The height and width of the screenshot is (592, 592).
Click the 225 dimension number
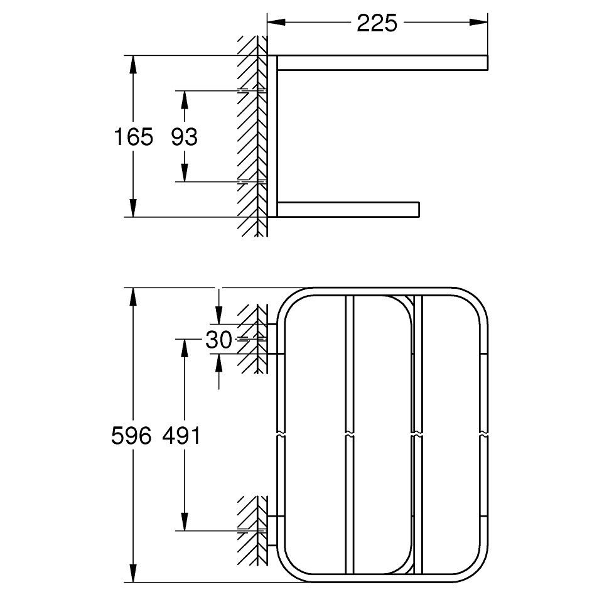[x=377, y=23]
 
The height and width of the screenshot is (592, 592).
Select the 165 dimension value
[x=133, y=137]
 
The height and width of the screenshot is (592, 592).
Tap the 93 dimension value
[x=184, y=137]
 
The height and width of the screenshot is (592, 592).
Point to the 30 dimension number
[x=218, y=340]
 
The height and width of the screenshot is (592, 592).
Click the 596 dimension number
[x=131, y=436]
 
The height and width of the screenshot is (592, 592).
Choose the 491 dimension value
[x=181, y=436]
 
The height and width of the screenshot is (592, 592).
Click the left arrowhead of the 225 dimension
[x=276, y=22]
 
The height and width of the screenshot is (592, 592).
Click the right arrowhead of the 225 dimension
[x=478, y=22]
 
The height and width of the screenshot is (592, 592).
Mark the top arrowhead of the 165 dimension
[x=133, y=65]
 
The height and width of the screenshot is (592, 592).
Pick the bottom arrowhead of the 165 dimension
[x=133, y=208]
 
